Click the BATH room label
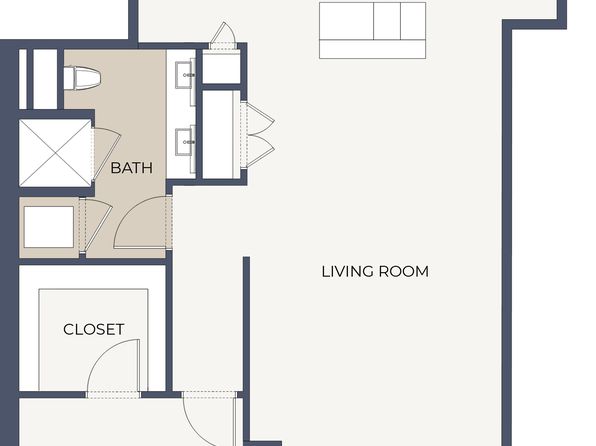click(x=132, y=168)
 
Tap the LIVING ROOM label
click(x=375, y=271)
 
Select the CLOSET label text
click(x=94, y=329)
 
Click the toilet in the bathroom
click(x=82, y=78)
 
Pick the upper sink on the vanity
click(x=185, y=75)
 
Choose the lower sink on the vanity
click(x=185, y=142)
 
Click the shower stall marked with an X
click(x=55, y=153)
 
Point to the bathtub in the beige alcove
click(x=49, y=227)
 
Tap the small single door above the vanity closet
click(x=223, y=33)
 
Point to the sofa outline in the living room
click(x=372, y=30)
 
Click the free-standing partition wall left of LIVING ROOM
click(x=246, y=351)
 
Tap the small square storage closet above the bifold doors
click(x=221, y=67)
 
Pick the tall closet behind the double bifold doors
click(x=221, y=135)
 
